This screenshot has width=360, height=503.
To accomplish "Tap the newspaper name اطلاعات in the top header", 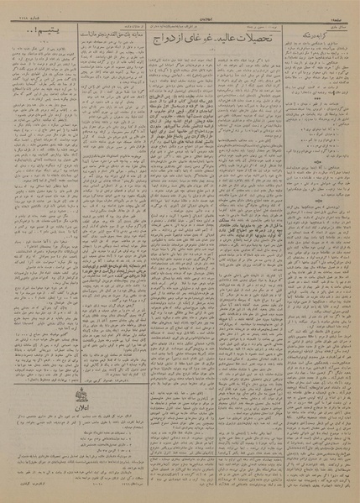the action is pyautogui.click(x=180, y=7).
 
